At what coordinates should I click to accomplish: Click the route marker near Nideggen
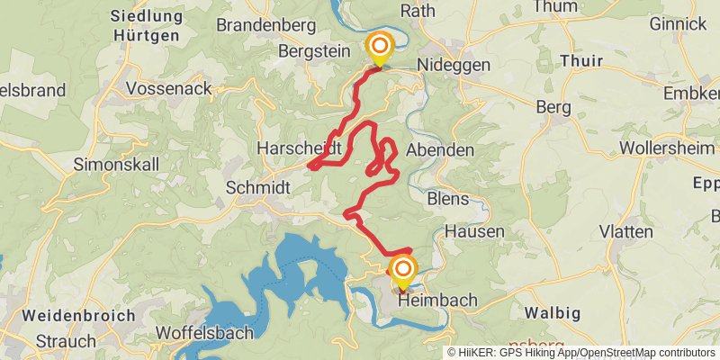coord(380,48)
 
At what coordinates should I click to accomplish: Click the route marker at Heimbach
coord(402,270)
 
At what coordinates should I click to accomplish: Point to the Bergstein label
coord(314,51)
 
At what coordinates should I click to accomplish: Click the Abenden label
coord(440,150)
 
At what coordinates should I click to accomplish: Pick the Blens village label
coord(449,198)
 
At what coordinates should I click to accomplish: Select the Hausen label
coord(474,231)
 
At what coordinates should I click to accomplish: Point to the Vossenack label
coord(169,88)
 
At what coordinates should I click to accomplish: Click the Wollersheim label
coord(668,147)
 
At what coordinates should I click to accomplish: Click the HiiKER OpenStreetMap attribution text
coord(581,352)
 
